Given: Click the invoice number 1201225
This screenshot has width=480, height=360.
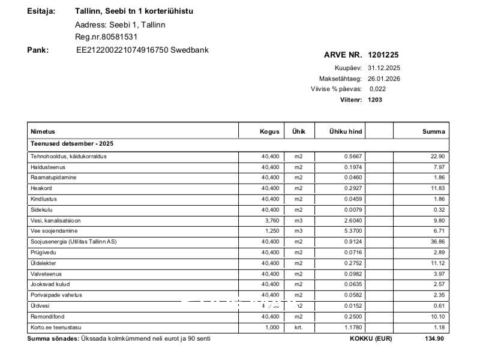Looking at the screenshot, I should [383, 55].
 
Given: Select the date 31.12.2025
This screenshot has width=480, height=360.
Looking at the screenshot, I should [384, 68].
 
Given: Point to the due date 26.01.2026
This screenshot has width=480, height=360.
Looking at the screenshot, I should [384, 79].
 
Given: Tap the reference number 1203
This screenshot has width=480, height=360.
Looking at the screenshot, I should [374, 100].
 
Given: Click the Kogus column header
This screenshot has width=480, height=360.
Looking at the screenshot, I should [269, 131].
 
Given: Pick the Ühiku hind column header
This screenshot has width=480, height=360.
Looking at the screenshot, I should [346, 131].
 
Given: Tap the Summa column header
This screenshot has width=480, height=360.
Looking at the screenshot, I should [433, 131].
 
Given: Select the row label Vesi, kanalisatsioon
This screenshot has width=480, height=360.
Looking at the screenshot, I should [55, 220].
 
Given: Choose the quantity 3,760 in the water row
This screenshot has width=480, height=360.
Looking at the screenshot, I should [271, 220].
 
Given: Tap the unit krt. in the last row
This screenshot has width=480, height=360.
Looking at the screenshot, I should [299, 328].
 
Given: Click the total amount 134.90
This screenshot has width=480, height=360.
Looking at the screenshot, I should [434, 338].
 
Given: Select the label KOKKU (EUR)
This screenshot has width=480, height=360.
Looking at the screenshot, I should [370, 338].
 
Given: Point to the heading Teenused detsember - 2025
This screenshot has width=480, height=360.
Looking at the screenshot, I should [72, 144].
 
